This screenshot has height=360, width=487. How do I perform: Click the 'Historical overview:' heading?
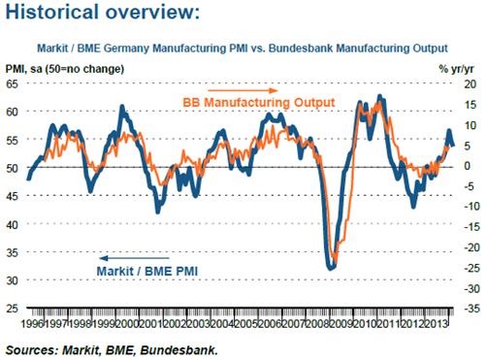point(103,13)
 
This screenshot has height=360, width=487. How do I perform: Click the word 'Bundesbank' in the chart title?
point(301,49)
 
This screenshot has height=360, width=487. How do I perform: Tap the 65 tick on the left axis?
point(13,84)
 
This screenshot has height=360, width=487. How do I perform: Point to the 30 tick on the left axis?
point(13,280)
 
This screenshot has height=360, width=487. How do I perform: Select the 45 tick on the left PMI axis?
point(13,196)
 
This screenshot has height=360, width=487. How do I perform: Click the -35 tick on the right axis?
point(471,309)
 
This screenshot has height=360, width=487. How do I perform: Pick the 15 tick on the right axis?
point(471,105)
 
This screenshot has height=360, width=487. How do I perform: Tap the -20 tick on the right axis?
point(471,247)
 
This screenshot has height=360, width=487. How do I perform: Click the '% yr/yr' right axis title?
point(457,69)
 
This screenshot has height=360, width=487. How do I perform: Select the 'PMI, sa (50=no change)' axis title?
point(65,69)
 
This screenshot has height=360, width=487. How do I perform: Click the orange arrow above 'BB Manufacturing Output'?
point(243,90)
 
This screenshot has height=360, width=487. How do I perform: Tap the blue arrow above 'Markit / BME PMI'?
point(134,258)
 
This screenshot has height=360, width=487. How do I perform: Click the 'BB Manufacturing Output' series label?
point(259,103)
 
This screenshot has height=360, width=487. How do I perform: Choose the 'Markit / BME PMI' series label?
point(147,271)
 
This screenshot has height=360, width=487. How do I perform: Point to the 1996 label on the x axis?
point(32,323)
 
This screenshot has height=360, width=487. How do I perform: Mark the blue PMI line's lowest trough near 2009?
point(331,268)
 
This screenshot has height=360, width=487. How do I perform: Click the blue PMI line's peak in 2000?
point(122,106)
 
